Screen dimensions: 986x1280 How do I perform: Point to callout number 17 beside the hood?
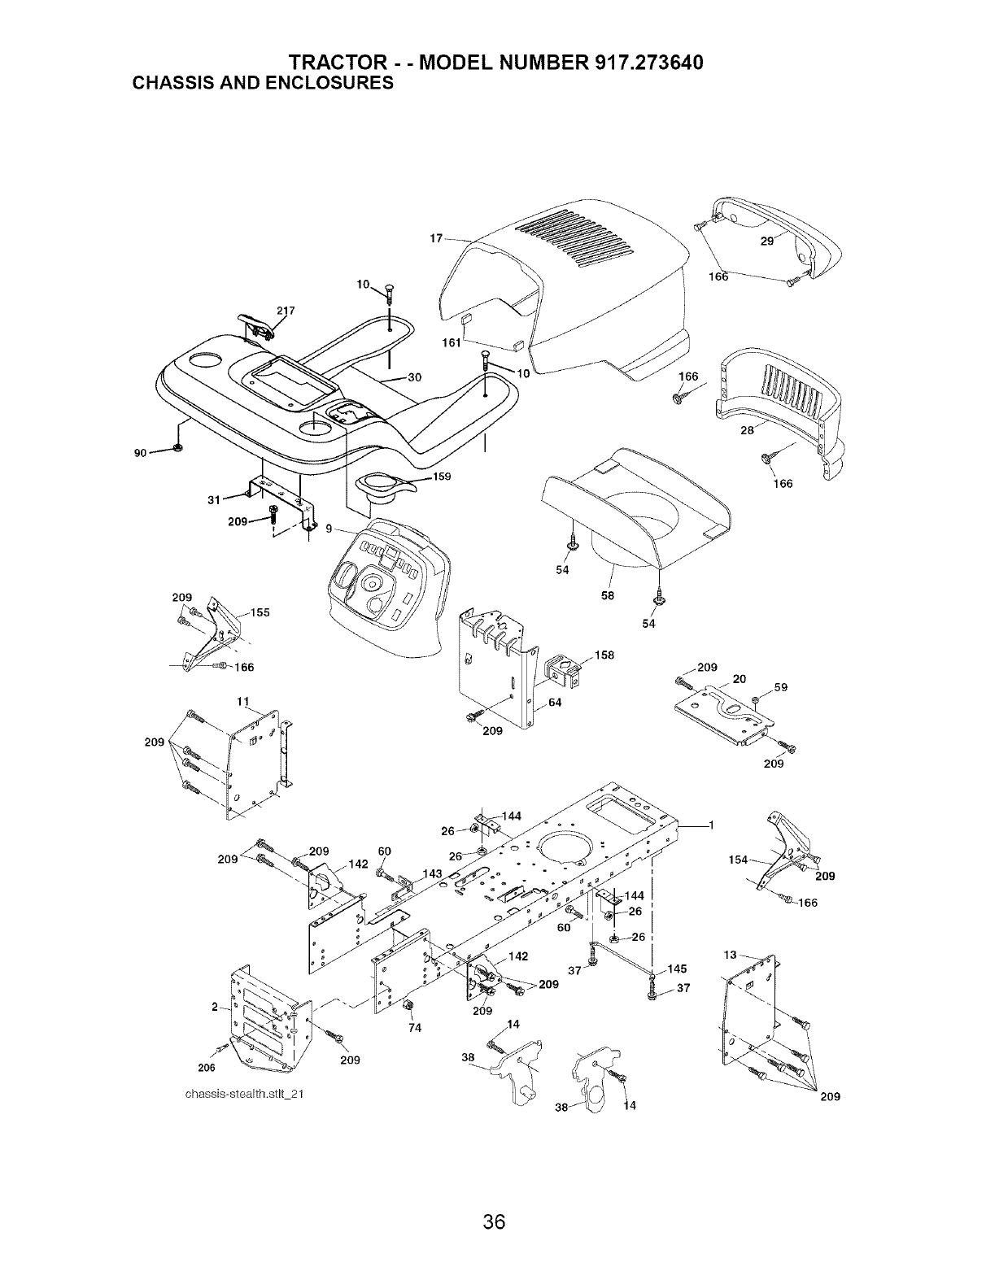[x=436, y=238]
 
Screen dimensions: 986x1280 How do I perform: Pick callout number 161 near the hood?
[x=452, y=342]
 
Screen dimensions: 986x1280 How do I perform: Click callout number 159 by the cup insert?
[x=441, y=477]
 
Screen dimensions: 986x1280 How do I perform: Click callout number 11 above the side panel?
[x=242, y=701]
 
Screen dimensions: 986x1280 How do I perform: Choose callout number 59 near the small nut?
[x=780, y=687]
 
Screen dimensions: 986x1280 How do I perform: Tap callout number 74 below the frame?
[x=415, y=1027]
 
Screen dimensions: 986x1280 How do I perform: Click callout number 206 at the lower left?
[x=206, y=1067]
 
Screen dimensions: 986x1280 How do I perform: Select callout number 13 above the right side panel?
[x=731, y=954]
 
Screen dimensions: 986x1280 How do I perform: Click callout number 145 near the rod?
[x=677, y=968]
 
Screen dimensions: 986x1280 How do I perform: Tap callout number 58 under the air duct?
[x=608, y=595]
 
